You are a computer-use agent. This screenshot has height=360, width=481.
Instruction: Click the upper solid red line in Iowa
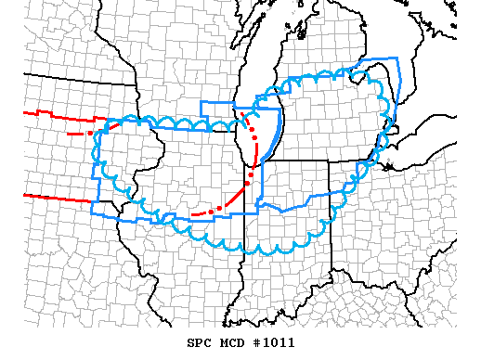click(x=56, y=116)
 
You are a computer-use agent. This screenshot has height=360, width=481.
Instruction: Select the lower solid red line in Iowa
click(x=56, y=196)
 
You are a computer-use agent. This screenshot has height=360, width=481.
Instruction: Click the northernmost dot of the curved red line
click(x=244, y=115)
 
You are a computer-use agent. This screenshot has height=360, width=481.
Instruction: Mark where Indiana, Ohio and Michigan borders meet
click(x=328, y=160)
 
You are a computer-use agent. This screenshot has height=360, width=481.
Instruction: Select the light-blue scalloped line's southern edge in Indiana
click(x=288, y=250)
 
